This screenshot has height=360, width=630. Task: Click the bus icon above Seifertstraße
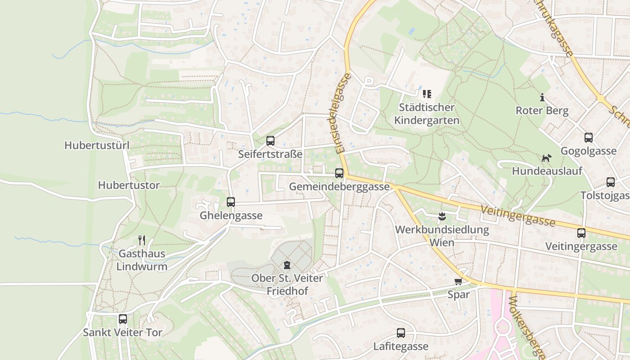click(x=270, y=141)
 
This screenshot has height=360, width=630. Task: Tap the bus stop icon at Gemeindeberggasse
click(x=339, y=173)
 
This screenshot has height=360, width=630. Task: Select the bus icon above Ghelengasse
click(x=231, y=202)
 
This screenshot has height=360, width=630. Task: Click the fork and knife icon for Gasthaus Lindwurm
click(x=142, y=240)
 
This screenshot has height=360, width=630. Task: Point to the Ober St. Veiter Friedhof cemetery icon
click(x=287, y=265)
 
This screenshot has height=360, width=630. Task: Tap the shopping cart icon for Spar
click(x=458, y=282)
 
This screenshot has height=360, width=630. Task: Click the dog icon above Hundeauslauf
click(x=546, y=158)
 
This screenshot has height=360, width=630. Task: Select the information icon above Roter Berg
click(x=542, y=97)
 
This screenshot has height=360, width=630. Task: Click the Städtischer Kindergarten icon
click(x=427, y=94)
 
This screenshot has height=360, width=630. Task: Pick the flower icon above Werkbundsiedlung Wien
click(x=442, y=216)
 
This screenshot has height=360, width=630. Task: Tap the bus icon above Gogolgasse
click(x=588, y=138)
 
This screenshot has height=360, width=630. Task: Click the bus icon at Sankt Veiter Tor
click(x=122, y=319)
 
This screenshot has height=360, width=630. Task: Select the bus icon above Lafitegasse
click(x=400, y=333)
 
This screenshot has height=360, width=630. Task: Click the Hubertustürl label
click(x=97, y=145)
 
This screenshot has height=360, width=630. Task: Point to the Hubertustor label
click(x=129, y=185)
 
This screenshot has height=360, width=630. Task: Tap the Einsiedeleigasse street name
click(x=343, y=114)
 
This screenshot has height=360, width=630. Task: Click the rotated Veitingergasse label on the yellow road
click(x=517, y=216)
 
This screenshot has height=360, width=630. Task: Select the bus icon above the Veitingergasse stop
click(x=581, y=233)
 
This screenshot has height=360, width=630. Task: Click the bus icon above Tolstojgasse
click(x=610, y=182)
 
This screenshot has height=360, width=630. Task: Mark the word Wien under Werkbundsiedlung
click(x=441, y=243)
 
